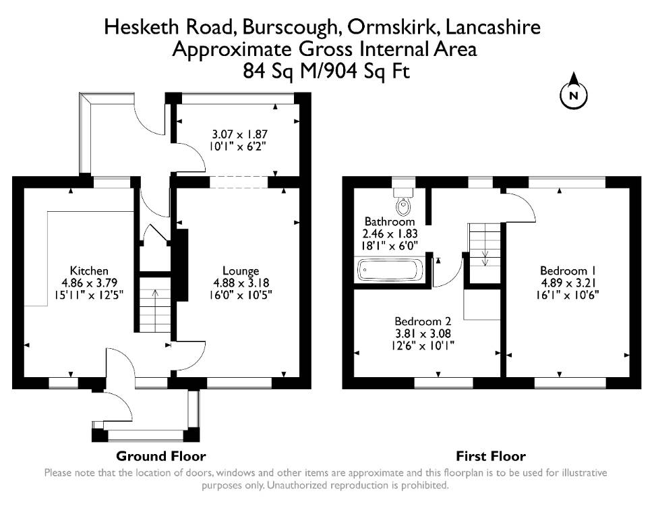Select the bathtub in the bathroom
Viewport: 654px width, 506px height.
[x=389, y=270]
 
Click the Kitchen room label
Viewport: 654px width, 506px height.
[x=89, y=271]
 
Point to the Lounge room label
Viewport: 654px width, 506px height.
[x=241, y=271]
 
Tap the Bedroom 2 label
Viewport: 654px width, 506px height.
[x=423, y=321]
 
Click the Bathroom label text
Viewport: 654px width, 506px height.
[x=390, y=221]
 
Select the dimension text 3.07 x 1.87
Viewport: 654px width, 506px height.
[x=239, y=134]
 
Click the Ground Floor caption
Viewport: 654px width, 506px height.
[x=161, y=456]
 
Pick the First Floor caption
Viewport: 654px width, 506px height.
[x=491, y=456]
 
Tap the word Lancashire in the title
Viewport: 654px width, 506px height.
[x=493, y=28]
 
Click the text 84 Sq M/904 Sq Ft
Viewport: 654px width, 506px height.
[x=326, y=71]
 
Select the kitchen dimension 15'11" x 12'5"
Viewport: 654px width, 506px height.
[x=89, y=296]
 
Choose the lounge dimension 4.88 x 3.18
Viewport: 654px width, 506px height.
[x=241, y=283]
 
